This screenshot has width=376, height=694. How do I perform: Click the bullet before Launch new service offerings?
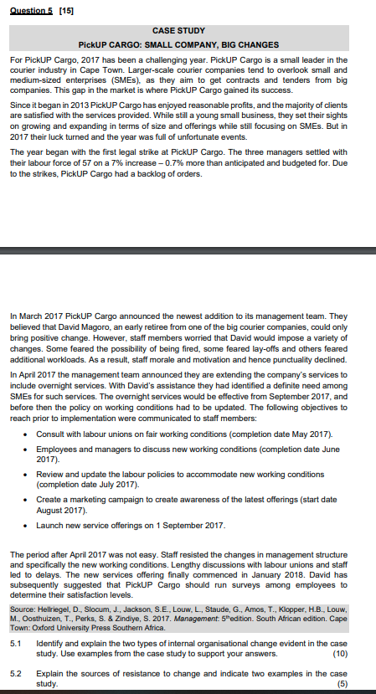28,526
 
